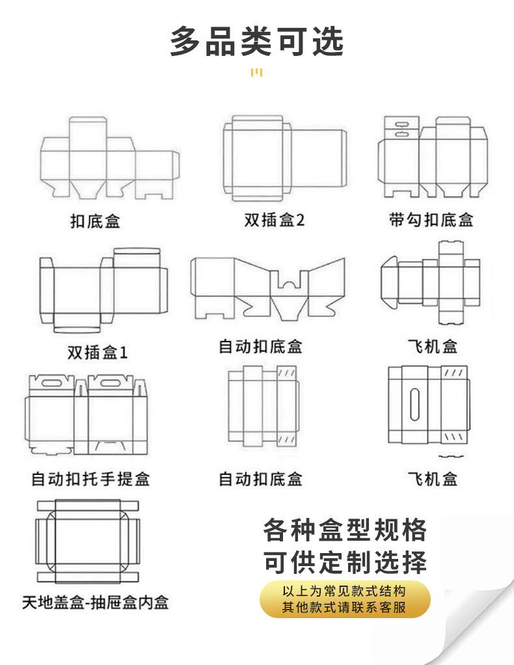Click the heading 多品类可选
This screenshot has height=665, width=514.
point(256,41)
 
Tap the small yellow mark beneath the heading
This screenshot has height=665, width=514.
point(256,72)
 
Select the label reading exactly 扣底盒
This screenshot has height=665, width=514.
point(95,221)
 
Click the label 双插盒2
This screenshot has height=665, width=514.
point(274,220)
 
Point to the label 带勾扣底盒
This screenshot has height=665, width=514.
point(431,220)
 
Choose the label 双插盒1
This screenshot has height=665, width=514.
point(98,353)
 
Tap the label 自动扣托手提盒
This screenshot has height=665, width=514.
point(90,480)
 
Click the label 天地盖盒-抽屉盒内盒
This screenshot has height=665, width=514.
point(95,603)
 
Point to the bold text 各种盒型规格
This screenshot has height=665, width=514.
point(345,530)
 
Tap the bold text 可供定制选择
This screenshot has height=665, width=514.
point(345,562)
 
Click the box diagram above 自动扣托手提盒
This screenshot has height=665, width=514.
point(86,414)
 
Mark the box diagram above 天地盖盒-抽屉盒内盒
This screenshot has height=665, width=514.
point(88,541)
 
